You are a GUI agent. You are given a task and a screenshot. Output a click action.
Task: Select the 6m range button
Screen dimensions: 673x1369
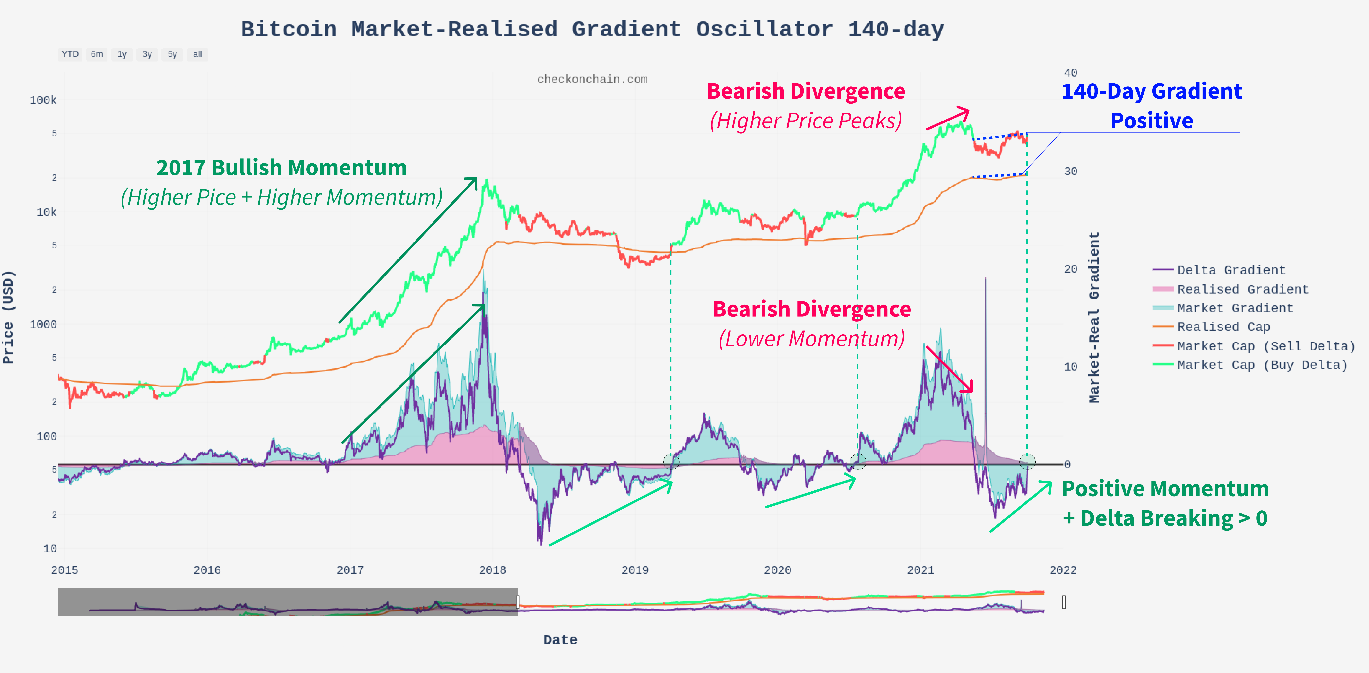[x=97, y=54]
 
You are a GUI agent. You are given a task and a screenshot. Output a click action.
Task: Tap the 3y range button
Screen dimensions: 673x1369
[x=147, y=54]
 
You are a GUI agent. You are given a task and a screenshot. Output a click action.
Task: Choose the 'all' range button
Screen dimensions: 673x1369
[x=197, y=54]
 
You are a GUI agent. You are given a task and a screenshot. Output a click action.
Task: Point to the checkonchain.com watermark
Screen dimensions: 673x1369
[x=592, y=79]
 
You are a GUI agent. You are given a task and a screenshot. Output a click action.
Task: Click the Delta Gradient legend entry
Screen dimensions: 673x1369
[x=1231, y=270]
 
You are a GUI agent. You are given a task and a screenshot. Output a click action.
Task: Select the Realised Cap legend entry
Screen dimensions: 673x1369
[x=1223, y=327]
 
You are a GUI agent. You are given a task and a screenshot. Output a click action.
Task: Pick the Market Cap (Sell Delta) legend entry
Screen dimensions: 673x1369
[x=1266, y=346]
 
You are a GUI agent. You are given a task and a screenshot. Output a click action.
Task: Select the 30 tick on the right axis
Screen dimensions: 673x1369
[x=1070, y=171]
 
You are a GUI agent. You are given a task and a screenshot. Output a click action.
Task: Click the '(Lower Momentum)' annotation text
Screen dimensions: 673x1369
[x=812, y=339]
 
